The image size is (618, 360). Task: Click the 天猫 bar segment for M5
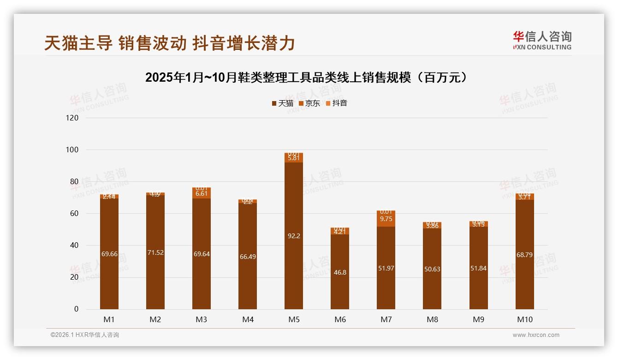click(294, 235)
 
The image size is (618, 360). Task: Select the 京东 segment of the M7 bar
click(386, 219)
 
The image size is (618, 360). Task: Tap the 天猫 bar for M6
click(340, 272)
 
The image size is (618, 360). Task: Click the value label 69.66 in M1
click(109, 254)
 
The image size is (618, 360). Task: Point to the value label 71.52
click(155, 252)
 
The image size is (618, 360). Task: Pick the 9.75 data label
click(386, 219)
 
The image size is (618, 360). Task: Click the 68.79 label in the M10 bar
click(524, 254)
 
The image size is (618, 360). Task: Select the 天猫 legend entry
click(282, 103)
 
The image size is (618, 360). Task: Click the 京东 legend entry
click(309, 103)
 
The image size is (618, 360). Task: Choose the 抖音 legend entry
click(336, 103)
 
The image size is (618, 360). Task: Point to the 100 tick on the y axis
click(72, 150)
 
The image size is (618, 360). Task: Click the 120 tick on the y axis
click(72, 118)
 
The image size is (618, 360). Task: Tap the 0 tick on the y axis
click(76, 309)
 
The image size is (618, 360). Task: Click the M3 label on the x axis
click(202, 319)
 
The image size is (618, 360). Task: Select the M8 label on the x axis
click(432, 319)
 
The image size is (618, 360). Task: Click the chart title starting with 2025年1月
click(309, 77)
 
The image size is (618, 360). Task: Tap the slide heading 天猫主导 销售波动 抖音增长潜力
click(169, 43)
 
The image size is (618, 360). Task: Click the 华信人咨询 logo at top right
click(542, 40)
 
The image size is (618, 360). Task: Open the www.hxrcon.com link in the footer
click(536, 335)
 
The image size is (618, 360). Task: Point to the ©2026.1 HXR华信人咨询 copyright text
click(85, 335)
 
